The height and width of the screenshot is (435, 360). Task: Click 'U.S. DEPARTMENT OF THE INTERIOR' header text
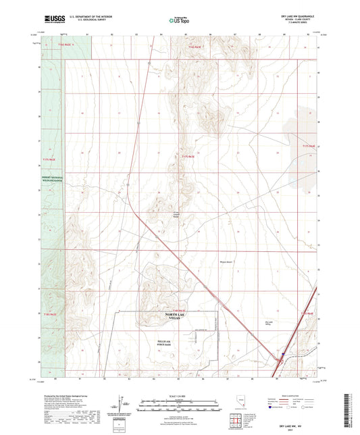[x=89, y=15]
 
